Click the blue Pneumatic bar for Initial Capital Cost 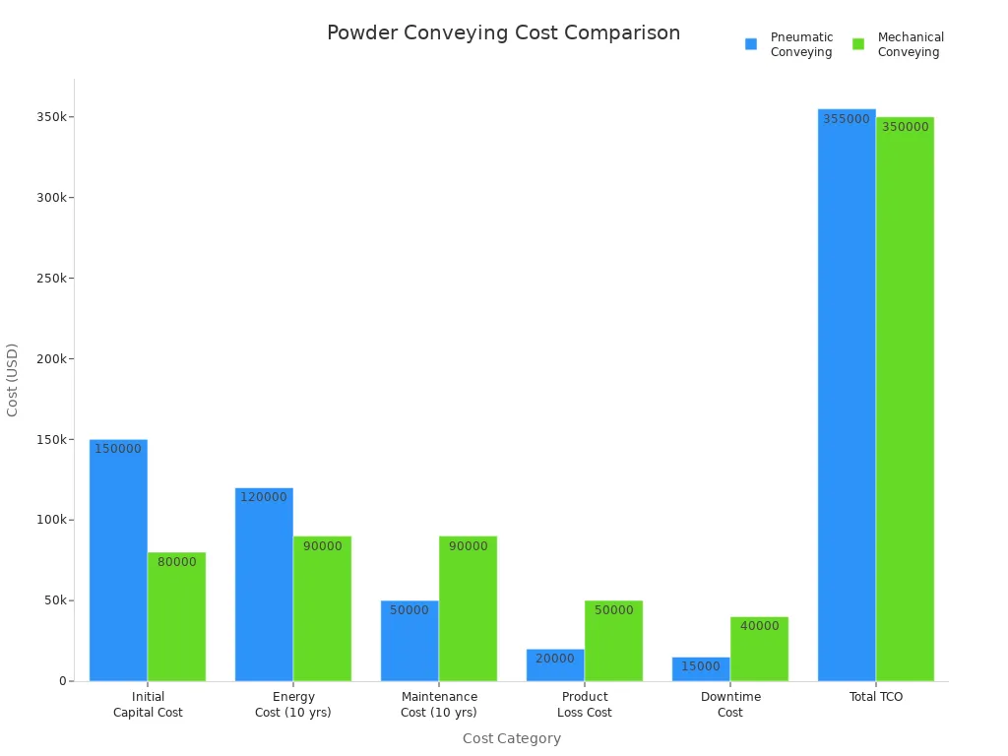coord(118,561)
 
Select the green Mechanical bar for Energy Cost coord(322,610)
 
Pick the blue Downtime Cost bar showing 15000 coord(701,670)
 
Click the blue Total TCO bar coord(847,394)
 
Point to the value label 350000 coord(905,127)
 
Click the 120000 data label coord(264,497)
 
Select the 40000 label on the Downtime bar coord(759,626)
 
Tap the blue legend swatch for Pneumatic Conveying coord(751,44)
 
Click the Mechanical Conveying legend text coord(910,44)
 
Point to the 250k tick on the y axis coord(51,278)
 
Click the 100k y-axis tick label coord(51,520)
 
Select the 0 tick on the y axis coord(62,681)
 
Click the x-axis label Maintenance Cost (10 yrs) coord(439,704)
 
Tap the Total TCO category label coord(875,697)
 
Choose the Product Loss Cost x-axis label coord(585,704)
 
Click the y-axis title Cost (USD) coord(13,380)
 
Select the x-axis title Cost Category coord(511,738)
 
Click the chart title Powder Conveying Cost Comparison coord(503,33)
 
